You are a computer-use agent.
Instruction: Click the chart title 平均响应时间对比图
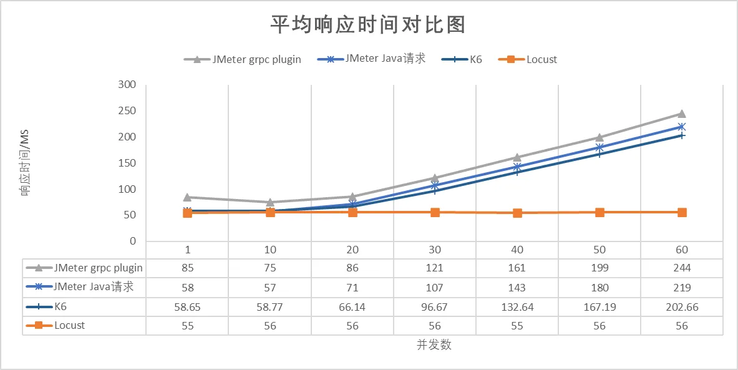click(x=368, y=25)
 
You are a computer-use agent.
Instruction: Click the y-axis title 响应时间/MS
click(x=26, y=163)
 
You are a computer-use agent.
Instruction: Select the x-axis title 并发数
click(x=434, y=344)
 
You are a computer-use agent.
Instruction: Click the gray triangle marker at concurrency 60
click(x=682, y=114)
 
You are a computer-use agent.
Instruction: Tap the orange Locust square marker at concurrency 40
click(x=517, y=213)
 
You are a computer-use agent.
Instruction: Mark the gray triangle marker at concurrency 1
click(x=187, y=197)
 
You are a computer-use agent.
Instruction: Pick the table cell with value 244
click(x=682, y=268)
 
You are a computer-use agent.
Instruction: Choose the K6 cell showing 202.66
click(x=682, y=307)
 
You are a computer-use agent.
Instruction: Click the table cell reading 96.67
click(x=435, y=307)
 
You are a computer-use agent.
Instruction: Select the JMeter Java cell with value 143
click(x=517, y=288)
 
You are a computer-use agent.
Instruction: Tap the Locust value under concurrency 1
click(x=187, y=326)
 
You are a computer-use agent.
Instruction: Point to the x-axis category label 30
click(x=435, y=250)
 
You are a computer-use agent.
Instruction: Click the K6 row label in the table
click(x=61, y=307)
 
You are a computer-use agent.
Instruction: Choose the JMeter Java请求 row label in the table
click(x=94, y=288)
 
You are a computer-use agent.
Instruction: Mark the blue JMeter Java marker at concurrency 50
click(x=600, y=147)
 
